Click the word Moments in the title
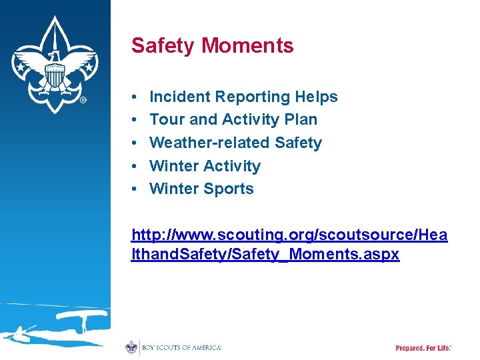(x=247, y=45)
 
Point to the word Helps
(x=315, y=97)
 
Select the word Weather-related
(x=209, y=143)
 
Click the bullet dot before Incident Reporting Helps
(x=135, y=97)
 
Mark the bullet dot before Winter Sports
(x=135, y=189)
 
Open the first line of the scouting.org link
(x=289, y=235)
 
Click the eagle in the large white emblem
(x=55, y=73)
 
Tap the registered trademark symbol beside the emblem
(x=83, y=101)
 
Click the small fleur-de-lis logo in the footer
(x=131, y=347)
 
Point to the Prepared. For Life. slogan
(x=423, y=348)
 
